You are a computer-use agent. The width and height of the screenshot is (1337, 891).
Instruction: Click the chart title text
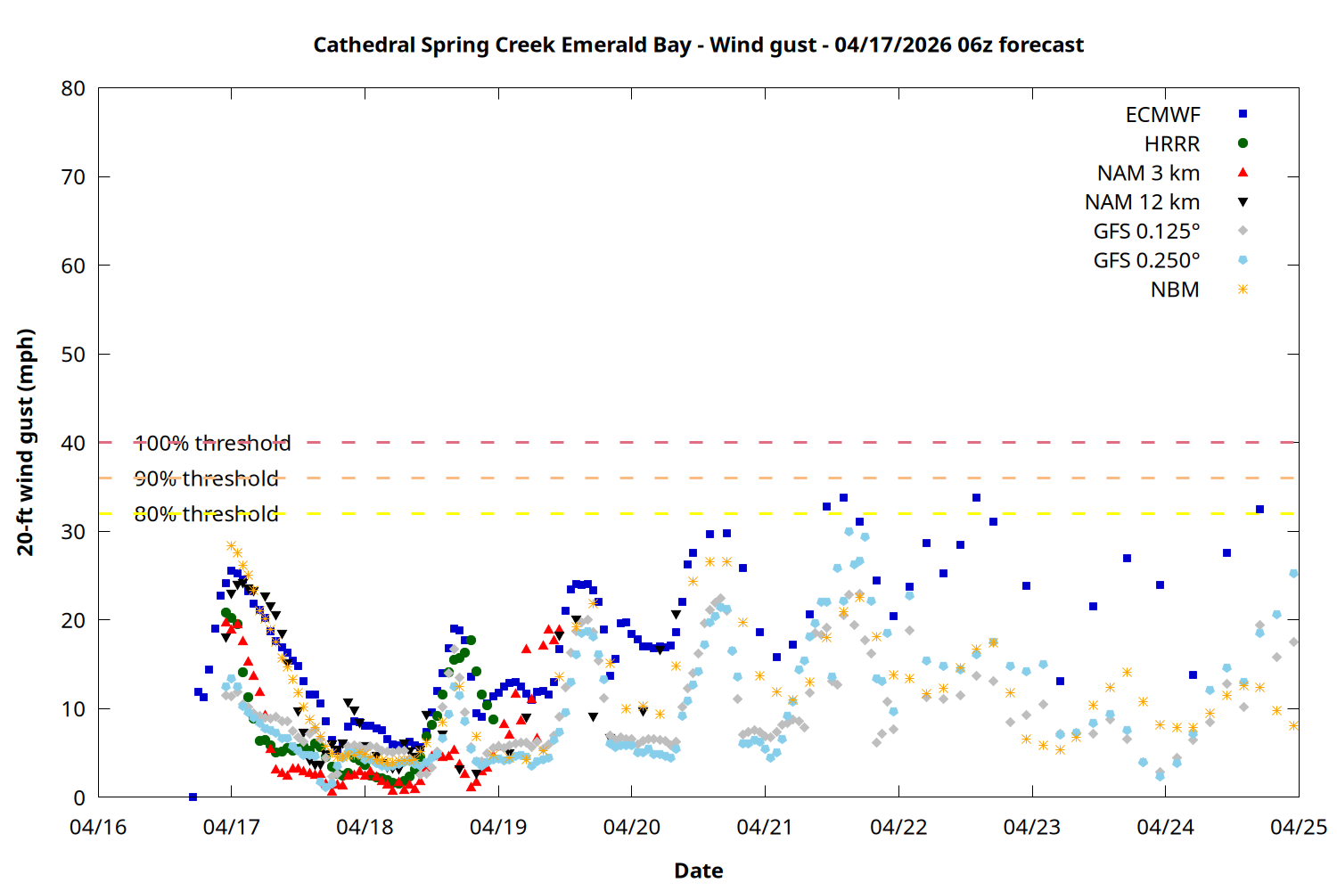click(x=698, y=45)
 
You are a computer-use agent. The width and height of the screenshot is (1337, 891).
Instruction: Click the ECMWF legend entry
click(x=1162, y=115)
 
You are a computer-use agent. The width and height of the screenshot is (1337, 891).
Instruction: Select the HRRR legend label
click(x=1172, y=144)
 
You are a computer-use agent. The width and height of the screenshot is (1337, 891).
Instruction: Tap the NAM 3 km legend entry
click(x=1148, y=173)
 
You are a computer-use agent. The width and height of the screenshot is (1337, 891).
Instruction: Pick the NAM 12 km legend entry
click(x=1142, y=202)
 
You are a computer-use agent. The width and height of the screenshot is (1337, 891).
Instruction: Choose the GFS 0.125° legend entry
click(x=1146, y=232)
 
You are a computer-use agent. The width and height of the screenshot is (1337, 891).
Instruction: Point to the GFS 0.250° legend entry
click(x=1146, y=261)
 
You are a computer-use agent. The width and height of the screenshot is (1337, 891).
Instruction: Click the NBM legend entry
click(x=1175, y=290)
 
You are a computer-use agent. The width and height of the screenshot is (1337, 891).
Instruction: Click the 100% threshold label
click(x=212, y=443)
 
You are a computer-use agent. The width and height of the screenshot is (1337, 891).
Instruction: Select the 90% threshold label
click(x=206, y=478)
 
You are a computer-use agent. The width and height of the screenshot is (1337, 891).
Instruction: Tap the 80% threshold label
click(x=206, y=514)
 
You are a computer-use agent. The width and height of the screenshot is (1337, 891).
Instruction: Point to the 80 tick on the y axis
click(x=73, y=88)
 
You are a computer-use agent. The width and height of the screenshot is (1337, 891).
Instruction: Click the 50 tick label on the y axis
click(x=73, y=354)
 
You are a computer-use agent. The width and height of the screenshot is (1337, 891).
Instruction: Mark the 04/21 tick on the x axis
click(x=765, y=827)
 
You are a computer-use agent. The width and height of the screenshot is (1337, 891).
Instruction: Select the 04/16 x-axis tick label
click(x=98, y=827)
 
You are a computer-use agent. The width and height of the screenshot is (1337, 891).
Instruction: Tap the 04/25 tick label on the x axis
click(x=1299, y=827)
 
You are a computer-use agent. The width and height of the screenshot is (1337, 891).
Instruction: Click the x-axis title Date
click(x=698, y=871)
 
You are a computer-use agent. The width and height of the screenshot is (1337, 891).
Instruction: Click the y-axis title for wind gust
click(x=26, y=442)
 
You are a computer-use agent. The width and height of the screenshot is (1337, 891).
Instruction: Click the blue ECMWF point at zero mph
click(x=193, y=797)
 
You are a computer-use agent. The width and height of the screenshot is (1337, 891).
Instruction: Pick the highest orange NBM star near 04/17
click(x=231, y=545)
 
